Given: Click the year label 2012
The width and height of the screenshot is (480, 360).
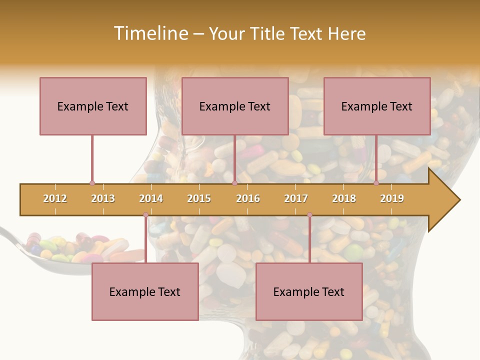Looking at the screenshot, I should (x=55, y=198).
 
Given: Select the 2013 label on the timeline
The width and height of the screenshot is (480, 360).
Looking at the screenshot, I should (x=103, y=198).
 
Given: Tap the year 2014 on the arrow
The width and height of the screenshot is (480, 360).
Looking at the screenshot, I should (x=151, y=198).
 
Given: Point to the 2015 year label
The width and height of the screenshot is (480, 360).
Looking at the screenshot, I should (x=199, y=198).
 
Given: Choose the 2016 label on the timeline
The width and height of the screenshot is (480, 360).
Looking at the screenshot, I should (x=248, y=198).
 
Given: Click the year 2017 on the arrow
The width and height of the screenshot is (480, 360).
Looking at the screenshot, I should (x=296, y=198).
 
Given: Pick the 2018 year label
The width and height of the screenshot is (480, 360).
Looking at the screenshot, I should (x=344, y=198).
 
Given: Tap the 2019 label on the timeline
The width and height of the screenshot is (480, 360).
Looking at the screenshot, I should (x=392, y=198).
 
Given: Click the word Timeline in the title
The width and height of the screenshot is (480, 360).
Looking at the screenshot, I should (x=150, y=33).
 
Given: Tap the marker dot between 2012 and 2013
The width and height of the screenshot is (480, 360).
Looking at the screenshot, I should (x=92, y=183).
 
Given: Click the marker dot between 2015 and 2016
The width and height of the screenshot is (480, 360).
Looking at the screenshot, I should (x=234, y=183).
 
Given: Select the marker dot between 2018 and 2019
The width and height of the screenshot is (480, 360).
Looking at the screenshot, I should (x=376, y=183).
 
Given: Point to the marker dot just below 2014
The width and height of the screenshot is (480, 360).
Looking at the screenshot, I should (x=145, y=215).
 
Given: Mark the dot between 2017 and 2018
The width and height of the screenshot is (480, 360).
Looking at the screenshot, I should (x=309, y=215).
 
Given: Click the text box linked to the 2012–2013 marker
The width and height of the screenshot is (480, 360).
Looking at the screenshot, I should (x=93, y=106).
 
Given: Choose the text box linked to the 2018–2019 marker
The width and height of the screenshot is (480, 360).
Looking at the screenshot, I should (x=377, y=106).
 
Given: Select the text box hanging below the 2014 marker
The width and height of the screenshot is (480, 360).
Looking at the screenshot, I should (x=145, y=291).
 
